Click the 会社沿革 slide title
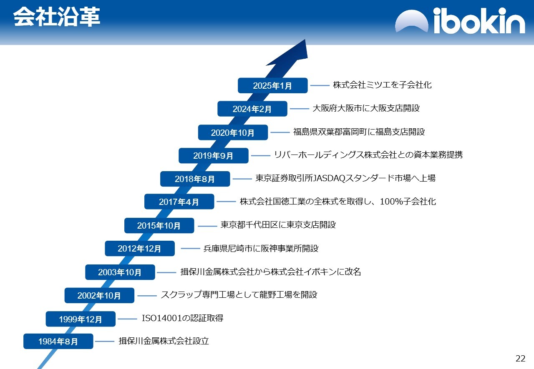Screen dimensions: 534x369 pyautogui.click(x=57, y=17)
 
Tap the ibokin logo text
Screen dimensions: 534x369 pyautogui.click(x=479, y=20)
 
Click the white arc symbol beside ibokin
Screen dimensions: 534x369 pyautogui.click(x=412, y=21)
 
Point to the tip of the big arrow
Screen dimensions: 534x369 pyautogui.click(x=305, y=40)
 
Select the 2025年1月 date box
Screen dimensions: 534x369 pyautogui.click(x=273, y=85)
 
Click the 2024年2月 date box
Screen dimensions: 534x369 pyautogui.click(x=252, y=109)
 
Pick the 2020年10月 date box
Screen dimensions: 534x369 pyautogui.click(x=233, y=132)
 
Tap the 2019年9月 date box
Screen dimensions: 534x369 pyautogui.click(x=214, y=156)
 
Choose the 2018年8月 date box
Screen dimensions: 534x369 pyautogui.click(x=195, y=179)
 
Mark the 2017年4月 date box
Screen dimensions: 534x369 pyautogui.click(x=179, y=202)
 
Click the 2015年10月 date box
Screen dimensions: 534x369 pyautogui.click(x=159, y=225)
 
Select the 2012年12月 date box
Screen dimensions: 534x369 pyautogui.click(x=140, y=248)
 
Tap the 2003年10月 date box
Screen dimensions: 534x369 pyautogui.click(x=120, y=272)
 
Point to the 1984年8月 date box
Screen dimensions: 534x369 pyautogui.click(x=58, y=342)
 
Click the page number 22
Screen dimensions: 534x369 pyautogui.click(x=520, y=359)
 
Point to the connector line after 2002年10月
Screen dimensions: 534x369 pyautogui.click(x=147, y=296)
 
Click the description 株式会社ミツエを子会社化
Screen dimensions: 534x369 pyautogui.click(x=382, y=85)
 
